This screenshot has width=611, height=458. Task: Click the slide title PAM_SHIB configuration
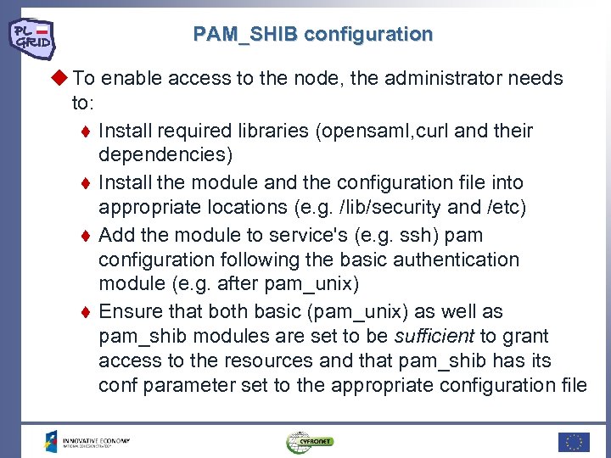(x=312, y=35)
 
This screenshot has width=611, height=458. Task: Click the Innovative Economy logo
(x=88, y=442)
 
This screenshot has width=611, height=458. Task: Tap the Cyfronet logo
(x=311, y=442)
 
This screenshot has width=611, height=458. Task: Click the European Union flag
(x=574, y=442)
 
